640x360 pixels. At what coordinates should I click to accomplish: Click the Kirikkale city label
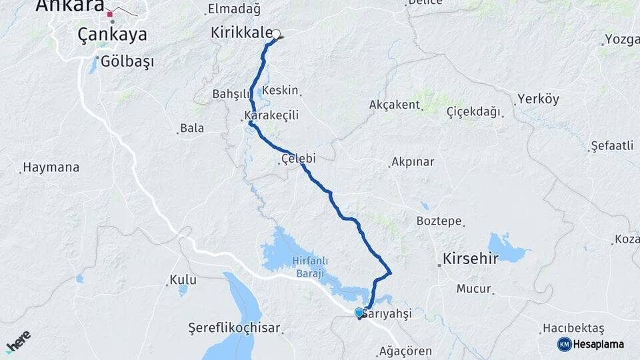[241, 33]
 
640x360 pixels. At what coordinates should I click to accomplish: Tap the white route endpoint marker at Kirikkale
[276, 34]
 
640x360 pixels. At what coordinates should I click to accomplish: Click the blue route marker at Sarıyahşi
[359, 312]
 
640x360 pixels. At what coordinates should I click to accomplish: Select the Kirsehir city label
[471, 259]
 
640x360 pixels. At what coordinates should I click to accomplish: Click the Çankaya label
[112, 35]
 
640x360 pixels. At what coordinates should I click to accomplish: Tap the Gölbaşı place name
[127, 62]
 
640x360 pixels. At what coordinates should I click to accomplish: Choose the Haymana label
[51, 167]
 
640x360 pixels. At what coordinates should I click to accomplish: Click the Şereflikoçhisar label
[234, 329]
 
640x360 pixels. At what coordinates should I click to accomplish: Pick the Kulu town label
[183, 280]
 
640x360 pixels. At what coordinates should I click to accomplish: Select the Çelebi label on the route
[298, 159]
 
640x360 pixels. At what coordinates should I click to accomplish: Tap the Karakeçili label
[271, 115]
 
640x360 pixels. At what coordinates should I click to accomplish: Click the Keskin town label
[280, 90]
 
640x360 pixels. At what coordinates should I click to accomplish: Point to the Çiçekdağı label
[473, 112]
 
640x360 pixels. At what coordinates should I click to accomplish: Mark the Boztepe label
[439, 221]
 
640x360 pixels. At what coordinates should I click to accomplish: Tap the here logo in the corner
[18, 341]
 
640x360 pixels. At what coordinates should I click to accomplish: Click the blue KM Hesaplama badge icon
[565, 344]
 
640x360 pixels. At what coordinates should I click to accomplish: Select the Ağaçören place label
[405, 351]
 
